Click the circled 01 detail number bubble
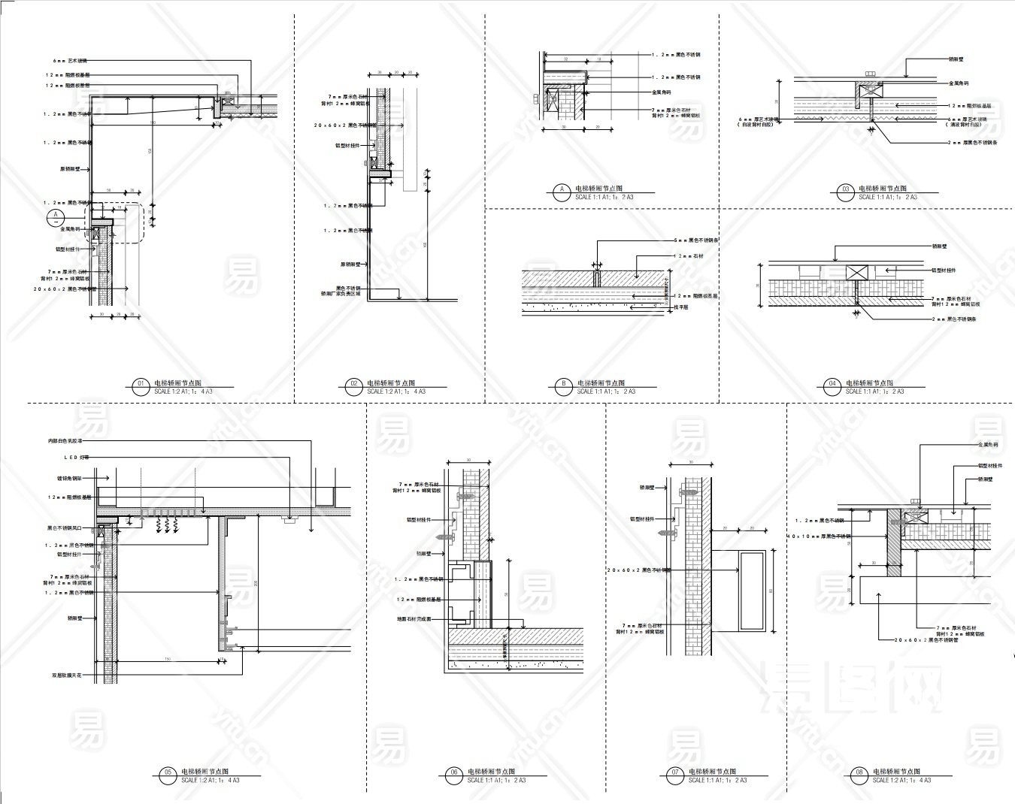pyautogui.click(x=140, y=386)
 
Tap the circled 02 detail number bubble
pyautogui.click(x=353, y=386)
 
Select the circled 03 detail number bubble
pyautogui.click(x=845, y=192)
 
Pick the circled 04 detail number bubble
pyautogui.click(x=832, y=386)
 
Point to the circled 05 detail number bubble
pyautogui.click(x=167, y=775)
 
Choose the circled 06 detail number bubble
pyautogui.click(x=453, y=775)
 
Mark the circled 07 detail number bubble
pyautogui.click(x=674, y=775)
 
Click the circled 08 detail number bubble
pyautogui.click(x=859, y=775)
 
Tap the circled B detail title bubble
pyautogui.click(x=563, y=386)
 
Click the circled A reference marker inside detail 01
pyautogui.click(x=56, y=218)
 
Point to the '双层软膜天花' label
pyautogui.click(x=67, y=676)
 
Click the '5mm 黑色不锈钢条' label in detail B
pyautogui.click(x=697, y=241)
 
